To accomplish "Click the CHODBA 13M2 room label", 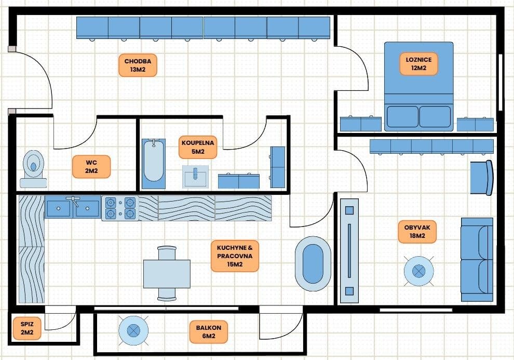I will (x=138, y=65).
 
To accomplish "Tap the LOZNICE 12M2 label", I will (x=419, y=63).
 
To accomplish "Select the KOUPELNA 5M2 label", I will (x=198, y=147).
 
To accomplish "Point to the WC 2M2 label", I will (x=91, y=166).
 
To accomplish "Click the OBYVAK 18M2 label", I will (x=417, y=231).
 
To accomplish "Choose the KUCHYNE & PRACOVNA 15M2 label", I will (x=235, y=256).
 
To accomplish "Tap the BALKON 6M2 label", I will (x=209, y=332).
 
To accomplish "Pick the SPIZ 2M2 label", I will (x=26, y=328).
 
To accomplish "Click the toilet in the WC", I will (x=34, y=168).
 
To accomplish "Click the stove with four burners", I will (x=120, y=208).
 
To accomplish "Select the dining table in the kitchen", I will (x=167, y=273).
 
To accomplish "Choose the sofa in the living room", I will (x=477, y=259).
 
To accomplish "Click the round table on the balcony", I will (x=133, y=329).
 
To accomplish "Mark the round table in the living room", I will (x=419, y=270).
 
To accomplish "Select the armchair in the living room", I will (x=481, y=178).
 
